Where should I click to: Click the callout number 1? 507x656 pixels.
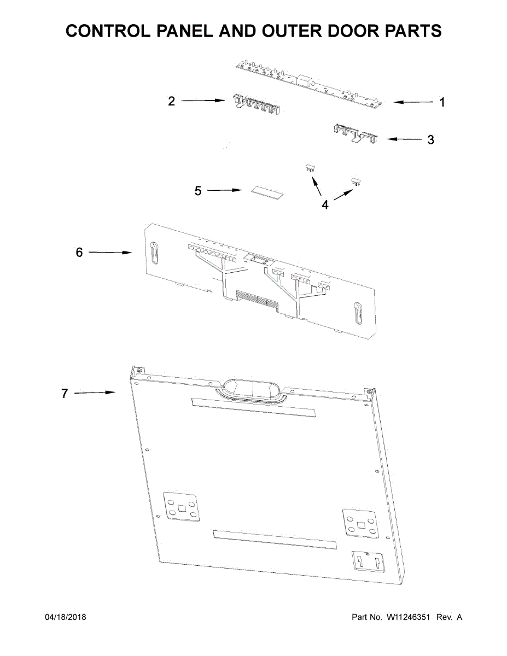[x=442, y=102]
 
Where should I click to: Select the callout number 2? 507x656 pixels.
[x=172, y=101]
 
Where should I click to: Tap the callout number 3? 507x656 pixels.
[x=431, y=139]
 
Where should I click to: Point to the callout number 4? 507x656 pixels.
[x=325, y=205]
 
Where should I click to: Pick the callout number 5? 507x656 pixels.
[x=198, y=191]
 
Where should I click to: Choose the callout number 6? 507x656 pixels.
[x=79, y=253]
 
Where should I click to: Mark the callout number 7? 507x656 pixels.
[x=65, y=393]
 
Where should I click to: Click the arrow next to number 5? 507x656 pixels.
[x=225, y=190]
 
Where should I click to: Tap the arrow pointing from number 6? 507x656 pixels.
[x=110, y=252]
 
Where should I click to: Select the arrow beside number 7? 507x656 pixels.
[x=94, y=393]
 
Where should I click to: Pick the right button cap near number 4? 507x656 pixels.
[x=357, y=181]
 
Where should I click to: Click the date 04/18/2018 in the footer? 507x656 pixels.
[x=65, y=617]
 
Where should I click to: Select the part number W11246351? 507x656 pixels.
[x=409, y=617]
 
